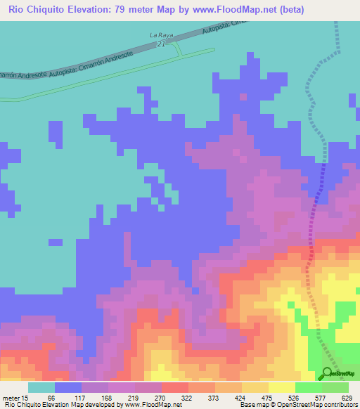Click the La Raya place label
tap(160, 34)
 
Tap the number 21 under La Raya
tap(161, 44)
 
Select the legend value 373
tap(213, 397)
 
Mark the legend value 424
tap(240, 397)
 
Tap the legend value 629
tap(347, 397)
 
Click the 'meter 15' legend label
tap(16, 397)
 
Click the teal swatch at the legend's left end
tap(41, 387)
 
